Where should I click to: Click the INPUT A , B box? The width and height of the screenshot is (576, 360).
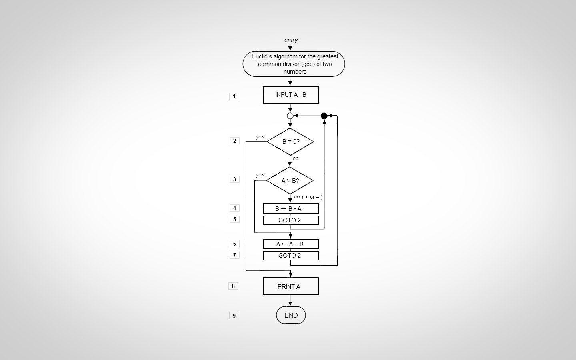tap(291, 95)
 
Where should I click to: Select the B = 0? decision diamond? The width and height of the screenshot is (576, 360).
tap(290, 142)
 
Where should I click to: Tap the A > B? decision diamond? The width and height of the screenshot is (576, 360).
tap(290, 180)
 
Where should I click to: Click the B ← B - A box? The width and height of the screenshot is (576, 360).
tap(291, 208)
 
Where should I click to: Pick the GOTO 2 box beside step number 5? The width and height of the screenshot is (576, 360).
tap(291, 220)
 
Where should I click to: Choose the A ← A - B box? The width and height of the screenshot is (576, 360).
tap(291, 244)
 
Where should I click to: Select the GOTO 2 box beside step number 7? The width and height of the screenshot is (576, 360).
tap(291, 256)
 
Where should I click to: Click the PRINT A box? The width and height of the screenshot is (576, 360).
tap(291, 286)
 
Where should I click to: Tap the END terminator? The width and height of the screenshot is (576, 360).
tap(291, 315)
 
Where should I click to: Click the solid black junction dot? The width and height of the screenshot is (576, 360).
tap(324, 116)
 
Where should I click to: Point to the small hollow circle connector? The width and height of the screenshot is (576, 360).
tap(290, 116)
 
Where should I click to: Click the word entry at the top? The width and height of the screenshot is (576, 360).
tap(291, 40)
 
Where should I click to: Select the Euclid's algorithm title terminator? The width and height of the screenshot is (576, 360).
tap(294, 64)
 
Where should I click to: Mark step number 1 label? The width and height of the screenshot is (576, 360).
tap(234, 96)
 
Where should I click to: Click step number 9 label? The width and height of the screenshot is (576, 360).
tap(234, 316)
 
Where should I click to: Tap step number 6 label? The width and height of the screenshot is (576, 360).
tap(234, 244)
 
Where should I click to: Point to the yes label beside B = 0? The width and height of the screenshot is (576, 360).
tap(260, 137)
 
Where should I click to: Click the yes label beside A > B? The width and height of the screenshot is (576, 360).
tap(260, 175)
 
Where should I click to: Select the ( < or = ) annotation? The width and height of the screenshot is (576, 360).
tap(312, 197)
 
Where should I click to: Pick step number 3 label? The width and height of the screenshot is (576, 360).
tap(234, 179)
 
